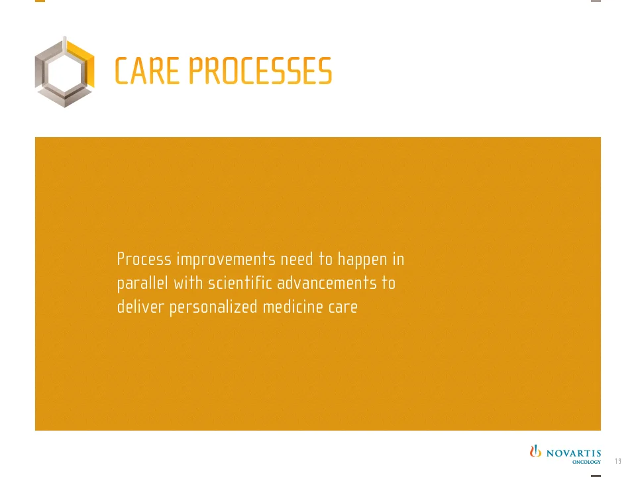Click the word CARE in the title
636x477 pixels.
(147, 71)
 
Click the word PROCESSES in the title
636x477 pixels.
(260, 71)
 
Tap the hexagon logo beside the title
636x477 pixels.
(64, 72)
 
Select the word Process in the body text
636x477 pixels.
(144, 259)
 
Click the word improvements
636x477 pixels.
(226, 260)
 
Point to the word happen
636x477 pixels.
(362, 260)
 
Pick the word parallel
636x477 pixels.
(142, 284)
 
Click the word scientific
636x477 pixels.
(240, 283)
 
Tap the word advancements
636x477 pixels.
(327, 283)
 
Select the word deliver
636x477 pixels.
(140, 307)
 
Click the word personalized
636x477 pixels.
(213, 307)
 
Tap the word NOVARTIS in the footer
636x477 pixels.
(574, 453)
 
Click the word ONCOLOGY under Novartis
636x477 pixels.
(586, 462)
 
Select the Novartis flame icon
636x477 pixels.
(535, 451)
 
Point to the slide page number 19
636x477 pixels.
(618, 461)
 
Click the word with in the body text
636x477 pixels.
(188, 283)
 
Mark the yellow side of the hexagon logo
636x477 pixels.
(83, 63)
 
